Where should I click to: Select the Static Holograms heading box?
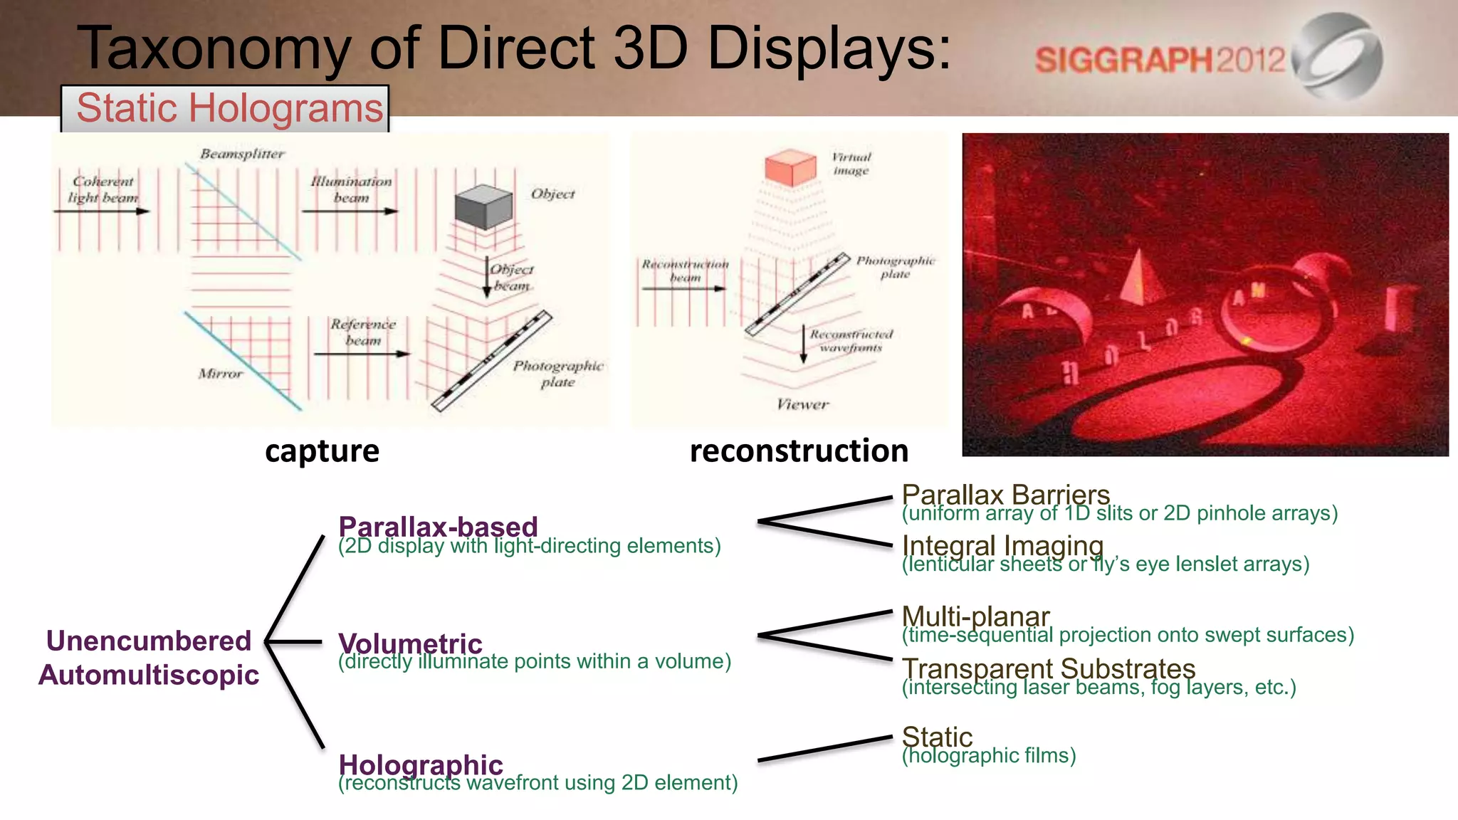pos(226,109)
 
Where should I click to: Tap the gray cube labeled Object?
pos(483,206)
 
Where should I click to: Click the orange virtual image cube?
pos(790,167)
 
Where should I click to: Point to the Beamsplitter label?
pos(242,154)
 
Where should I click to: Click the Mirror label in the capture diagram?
pos(220,374)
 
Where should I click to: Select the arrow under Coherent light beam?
pos(102,211)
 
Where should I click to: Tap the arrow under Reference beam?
pos(362,354)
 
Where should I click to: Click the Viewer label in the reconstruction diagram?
pos(802,405)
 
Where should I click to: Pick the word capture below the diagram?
pos(322,451)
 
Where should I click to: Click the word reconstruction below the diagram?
pos(799,451)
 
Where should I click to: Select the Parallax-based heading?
pos(438,527)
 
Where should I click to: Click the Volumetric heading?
pos(410,643)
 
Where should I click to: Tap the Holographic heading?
pos(421,764)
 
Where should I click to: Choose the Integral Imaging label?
pos(1002,546)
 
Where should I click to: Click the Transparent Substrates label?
pos(1048,669)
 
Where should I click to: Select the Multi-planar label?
pos(975,616)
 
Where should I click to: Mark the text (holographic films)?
pos(989,755)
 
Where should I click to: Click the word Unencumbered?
pos(149,641)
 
